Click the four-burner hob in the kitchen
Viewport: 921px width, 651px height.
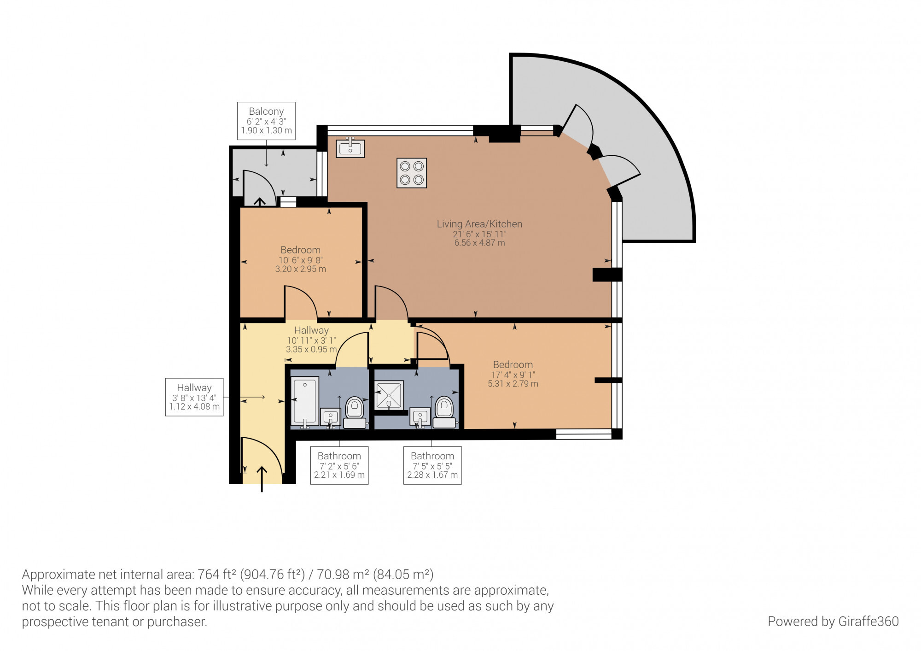click(412, 173)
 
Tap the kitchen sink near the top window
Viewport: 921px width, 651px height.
click(350, 148)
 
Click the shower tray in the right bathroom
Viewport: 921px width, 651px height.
click(389, 395)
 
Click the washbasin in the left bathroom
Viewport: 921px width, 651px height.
click(330, 418)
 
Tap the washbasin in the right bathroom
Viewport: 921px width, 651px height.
click(420, 418)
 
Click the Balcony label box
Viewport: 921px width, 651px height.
click(266, 121)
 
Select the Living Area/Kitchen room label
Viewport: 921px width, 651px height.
click(479, 224)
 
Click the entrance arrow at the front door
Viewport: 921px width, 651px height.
click(262, 479)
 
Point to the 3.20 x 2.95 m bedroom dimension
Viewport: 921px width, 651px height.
click(300, 269)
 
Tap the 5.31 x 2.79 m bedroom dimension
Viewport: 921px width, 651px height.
click(513, 384)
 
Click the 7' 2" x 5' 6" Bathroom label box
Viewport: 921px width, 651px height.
click(339, 465)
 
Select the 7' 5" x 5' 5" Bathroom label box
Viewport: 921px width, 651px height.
click(432, 465)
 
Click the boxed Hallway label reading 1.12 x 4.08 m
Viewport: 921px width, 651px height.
click(194, 397)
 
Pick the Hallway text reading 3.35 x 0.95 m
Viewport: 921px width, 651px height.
click(311, 349)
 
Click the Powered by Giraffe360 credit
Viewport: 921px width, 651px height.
click(833, 622)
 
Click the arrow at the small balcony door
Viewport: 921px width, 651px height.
click(260, 201)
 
